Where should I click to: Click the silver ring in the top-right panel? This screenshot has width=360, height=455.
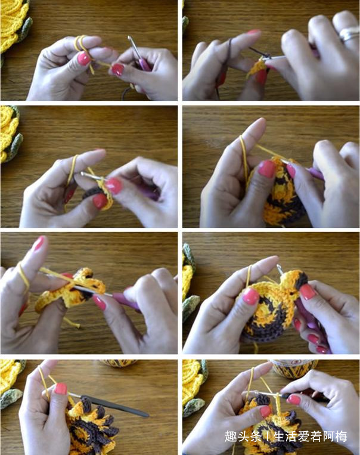pos(349,33)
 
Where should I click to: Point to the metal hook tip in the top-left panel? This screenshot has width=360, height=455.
pos(129,38)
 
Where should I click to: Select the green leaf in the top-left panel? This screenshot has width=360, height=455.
pos(25,29)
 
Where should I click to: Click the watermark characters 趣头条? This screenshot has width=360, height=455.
pos(243,436)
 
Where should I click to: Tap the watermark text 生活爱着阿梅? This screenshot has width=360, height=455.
pos(309,436)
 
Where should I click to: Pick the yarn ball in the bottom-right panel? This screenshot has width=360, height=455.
pos(293,368)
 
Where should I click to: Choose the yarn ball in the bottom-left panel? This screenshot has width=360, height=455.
pos(119,363)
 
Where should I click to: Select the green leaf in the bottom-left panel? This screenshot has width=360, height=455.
pos(11,398)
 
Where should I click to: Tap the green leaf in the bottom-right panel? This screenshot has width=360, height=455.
pos(194,407)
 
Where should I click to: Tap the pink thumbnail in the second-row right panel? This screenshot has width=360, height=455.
pos(267,169)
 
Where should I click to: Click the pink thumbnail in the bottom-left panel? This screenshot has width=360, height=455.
pos(61,389)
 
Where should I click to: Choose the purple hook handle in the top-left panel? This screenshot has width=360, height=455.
pos(144,64)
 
